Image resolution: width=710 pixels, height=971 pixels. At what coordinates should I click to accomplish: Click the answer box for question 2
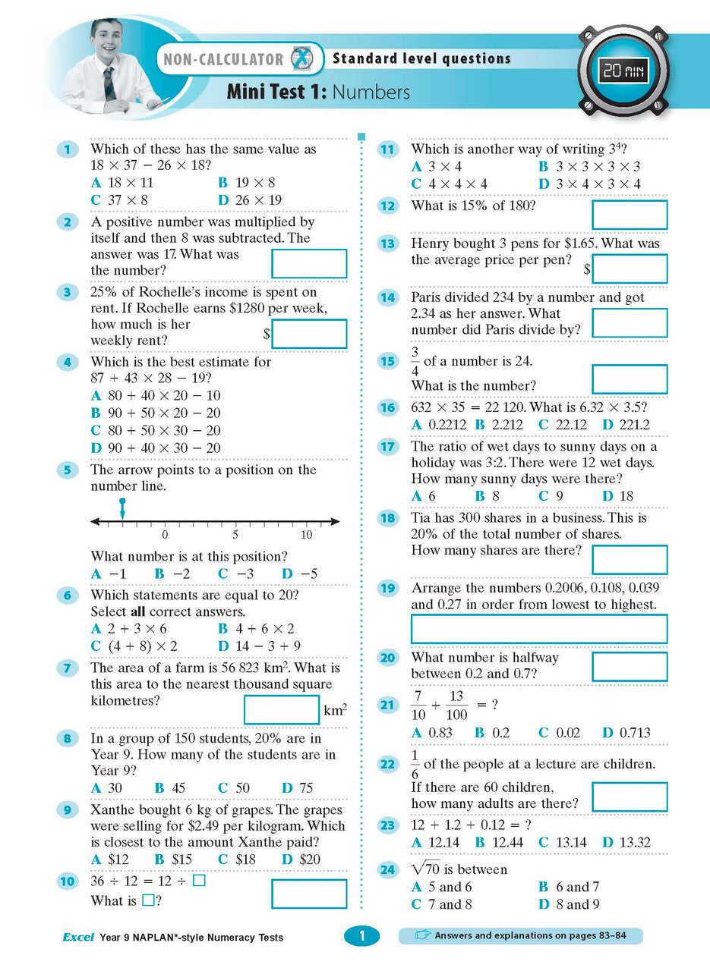coord(308,263)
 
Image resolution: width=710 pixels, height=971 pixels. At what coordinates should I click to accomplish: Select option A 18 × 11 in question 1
coord(121,183)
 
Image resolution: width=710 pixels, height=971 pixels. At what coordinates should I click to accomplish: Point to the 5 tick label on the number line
coord(235,535)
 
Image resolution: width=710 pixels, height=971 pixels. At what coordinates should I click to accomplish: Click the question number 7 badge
coord(68,668)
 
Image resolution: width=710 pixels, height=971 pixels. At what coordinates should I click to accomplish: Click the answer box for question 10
coord(308,894)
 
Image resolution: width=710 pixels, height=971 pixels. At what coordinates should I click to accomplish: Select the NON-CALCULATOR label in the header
coord(220,59)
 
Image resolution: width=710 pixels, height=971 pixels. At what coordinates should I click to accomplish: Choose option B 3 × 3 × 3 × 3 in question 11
coord(589,167)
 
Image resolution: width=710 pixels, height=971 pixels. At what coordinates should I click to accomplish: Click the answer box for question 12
coord(629,215)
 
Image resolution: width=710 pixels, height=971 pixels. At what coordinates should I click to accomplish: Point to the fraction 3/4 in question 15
coord(415,362)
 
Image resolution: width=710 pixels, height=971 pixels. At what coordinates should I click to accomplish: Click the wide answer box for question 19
coord(538,629)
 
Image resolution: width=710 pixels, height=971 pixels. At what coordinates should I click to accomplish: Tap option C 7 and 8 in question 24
coord(441,904)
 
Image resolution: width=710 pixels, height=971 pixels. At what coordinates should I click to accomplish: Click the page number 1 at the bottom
coord(361,937)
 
